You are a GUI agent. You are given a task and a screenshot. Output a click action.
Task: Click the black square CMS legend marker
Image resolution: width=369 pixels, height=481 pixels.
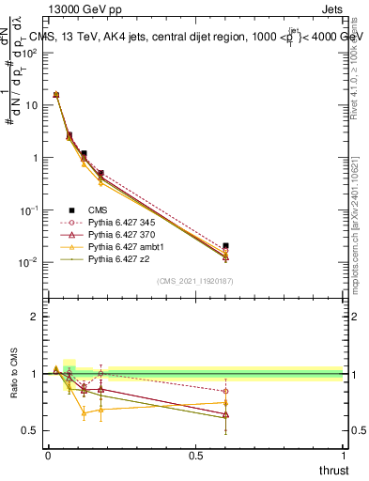pos(70,210)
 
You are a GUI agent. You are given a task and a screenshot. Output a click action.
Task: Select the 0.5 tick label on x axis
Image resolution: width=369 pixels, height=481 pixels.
pos(194,456)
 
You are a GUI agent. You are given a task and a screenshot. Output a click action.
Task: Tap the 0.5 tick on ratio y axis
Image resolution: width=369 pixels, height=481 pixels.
pos(34,430)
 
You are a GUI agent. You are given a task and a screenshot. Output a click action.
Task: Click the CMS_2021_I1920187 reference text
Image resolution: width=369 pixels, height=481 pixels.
pos(194,281)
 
